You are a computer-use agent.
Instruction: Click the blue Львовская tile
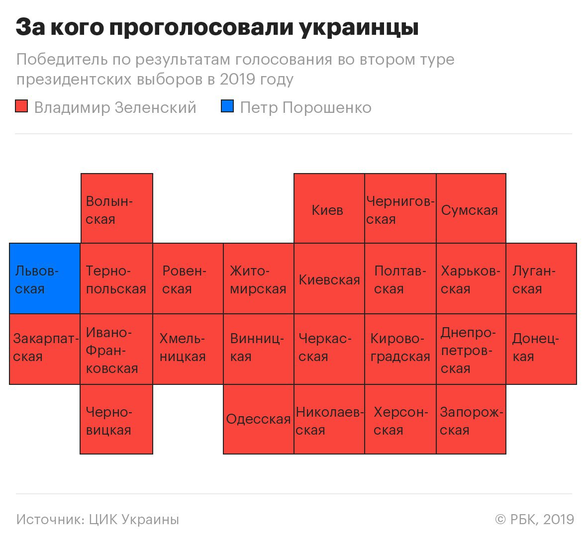point(45,278)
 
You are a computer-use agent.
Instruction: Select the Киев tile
point(329,208)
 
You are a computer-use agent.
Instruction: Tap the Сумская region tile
point(471,208)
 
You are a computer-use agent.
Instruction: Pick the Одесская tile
point(259,419)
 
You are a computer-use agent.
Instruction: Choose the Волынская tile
point(117,208)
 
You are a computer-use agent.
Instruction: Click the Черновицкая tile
point(116,419)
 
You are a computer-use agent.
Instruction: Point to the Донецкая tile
point(541,349)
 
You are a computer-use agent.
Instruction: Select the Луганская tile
point(541,278)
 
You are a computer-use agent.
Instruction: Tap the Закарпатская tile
point(45,349)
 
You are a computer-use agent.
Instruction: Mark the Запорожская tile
point(471,419)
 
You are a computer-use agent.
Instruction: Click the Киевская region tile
point(329,278)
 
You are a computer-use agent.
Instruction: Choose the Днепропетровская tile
point(471,349)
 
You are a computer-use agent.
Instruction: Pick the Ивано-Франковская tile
point(116,349)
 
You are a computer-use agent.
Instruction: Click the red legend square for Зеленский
point(21,106)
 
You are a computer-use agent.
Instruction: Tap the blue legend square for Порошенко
point(227,106)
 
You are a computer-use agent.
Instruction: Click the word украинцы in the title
point(359,28)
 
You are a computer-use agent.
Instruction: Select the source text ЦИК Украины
point(134,520)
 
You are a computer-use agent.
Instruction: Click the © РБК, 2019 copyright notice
point(535,520)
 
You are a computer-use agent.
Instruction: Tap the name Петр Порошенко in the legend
point(306,107)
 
